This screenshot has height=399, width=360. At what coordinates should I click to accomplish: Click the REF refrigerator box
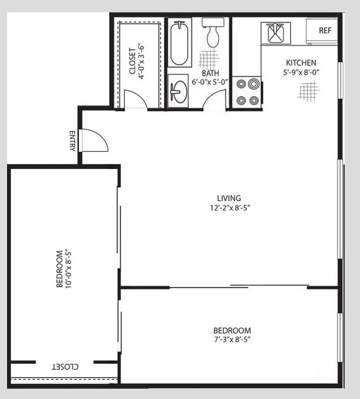click(324, 30)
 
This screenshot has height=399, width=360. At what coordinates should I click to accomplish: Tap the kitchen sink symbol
click(276, 32)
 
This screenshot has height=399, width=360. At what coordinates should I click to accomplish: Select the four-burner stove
click(247, 91)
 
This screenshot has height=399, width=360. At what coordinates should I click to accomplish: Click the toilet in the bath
click(212, 33)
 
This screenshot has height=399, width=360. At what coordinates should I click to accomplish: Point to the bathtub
click(179, 44)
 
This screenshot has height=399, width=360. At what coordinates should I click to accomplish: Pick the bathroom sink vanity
click(178, 90)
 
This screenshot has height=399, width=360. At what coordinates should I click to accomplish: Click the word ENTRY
click(72, 141)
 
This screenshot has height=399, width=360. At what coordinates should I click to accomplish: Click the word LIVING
click(229, 197)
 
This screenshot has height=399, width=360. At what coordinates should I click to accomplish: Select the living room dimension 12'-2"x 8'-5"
click(229, 207)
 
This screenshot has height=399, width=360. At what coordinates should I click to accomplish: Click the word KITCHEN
click(301, 63)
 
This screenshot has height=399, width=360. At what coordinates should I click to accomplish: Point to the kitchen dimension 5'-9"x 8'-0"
click(301, 72)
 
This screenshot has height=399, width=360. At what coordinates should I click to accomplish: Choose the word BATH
click(211, 73)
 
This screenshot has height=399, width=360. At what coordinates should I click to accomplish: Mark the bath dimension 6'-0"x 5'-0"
click(211, 82)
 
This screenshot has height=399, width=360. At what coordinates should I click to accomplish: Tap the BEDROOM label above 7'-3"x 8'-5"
click(232, 330)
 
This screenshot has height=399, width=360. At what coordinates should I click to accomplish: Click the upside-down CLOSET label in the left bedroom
click(65, 367)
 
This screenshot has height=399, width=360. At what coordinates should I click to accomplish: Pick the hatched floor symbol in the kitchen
click(308, 90)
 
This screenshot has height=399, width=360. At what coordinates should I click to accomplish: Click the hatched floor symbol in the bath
click(208, 60)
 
